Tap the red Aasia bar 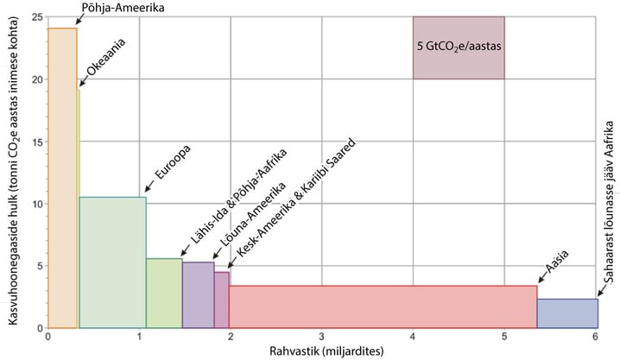[x=383, y=306]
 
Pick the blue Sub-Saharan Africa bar [x=566, y=313]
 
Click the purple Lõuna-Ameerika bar [x=198, y=294]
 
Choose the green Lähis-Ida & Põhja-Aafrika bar [x=164, y=293]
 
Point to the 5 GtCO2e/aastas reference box [x=458, y=47]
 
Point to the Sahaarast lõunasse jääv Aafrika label [x=609, y=225]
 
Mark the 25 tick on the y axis [x=37, y=16]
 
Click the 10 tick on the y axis [x=37, y=204]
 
